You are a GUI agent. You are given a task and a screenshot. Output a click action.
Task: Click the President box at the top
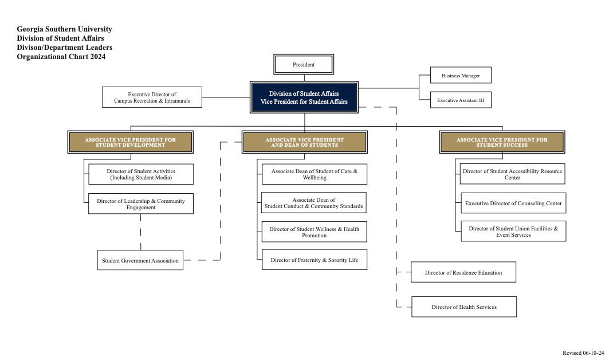[x=304, y=64]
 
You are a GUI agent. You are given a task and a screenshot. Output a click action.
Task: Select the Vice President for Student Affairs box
[x=304, y=97]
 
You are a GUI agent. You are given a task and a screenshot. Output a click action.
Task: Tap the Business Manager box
[x=461, y=76]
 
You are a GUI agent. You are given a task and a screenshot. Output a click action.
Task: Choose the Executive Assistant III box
[x=461, y=100]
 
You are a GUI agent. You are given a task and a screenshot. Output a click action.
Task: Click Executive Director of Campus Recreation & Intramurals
[x=152, y=97]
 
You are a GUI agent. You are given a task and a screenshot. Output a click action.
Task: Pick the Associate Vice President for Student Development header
[x=131, y=142]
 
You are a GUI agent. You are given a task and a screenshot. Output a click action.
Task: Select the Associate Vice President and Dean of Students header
[x=304, y=142]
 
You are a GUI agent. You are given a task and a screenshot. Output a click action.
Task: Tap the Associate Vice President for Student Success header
[x=502, y=142]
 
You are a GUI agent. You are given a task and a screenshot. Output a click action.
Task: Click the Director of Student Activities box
[x=141, y=174]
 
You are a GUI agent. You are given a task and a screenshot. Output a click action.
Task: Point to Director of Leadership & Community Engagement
[x=141, y=204]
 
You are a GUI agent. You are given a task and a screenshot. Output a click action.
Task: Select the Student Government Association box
[x=140, y=260]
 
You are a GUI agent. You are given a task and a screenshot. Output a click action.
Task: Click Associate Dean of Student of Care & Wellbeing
[x=315, y=174]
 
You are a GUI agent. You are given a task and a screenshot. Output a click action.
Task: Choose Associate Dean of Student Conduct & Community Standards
[x=314, y=203]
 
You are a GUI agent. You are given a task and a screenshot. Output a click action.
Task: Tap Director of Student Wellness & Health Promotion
[x=315, y=232]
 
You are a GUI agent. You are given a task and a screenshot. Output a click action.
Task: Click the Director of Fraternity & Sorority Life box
[x=315, y=260]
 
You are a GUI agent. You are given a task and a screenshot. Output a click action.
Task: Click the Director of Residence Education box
[x=463, y=272]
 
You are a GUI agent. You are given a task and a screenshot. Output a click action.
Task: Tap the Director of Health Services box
[x=464, y=307]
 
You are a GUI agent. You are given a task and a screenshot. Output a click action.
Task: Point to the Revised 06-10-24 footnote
[x=583, y=353]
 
